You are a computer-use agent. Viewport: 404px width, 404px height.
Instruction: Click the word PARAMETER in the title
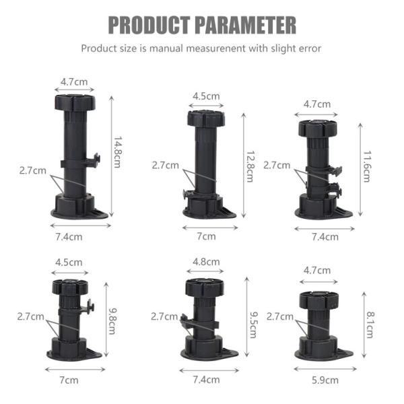pos(245,25)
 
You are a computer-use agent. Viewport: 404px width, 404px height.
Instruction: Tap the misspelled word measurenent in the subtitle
pos(217,48)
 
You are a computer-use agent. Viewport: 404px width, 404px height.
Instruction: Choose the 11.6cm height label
pos(366,165)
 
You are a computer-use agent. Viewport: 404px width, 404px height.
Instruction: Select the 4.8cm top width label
pos(206,261)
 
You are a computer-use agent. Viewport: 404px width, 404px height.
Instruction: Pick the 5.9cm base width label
pos(325,380)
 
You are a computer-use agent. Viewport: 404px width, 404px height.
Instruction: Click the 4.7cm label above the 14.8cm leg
pos(74,81)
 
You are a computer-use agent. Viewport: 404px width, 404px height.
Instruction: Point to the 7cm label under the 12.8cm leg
pos(206,236)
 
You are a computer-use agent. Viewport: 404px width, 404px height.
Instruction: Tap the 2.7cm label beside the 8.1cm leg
pos(279,316)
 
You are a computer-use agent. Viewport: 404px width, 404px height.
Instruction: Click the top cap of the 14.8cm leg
pos(74,103)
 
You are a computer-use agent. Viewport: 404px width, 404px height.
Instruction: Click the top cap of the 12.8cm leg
pos(205,119)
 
